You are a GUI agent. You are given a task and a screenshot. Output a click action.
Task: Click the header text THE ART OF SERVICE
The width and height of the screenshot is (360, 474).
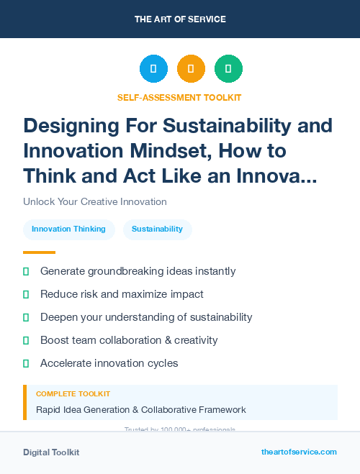180,19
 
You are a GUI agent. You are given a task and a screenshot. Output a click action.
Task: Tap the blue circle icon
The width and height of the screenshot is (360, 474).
153,69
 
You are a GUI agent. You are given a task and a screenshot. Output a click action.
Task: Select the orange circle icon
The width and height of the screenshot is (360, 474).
191,69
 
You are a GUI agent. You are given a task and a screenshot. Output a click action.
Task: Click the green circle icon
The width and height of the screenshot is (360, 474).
228,69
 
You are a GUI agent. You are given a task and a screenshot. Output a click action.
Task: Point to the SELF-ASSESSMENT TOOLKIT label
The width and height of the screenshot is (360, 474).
180,97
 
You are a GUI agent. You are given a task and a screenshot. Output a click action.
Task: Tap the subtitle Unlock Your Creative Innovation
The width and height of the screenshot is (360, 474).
95,202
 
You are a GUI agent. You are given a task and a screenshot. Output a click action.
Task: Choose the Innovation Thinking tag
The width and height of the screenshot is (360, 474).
68,229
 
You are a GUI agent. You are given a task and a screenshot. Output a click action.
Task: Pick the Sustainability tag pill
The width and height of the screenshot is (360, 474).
157,229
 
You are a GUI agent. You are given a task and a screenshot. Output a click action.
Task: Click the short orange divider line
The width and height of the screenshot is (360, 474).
39,252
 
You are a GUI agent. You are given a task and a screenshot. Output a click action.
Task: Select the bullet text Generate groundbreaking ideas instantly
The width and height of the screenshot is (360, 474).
138,271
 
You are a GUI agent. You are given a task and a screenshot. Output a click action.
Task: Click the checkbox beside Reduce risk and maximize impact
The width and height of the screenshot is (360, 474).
26,294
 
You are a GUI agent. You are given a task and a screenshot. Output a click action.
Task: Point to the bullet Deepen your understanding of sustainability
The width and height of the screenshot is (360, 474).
146,317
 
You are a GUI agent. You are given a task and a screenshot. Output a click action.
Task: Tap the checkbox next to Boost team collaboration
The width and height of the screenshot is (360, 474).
26,340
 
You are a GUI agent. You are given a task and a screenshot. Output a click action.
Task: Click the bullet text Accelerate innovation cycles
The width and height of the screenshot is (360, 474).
109,363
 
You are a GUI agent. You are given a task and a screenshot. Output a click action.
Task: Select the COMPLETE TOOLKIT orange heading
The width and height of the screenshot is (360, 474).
73,394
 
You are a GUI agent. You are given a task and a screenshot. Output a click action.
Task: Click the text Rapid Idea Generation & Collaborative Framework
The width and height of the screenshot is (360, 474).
141,410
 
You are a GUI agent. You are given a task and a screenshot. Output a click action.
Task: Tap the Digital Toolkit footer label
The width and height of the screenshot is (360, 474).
51,452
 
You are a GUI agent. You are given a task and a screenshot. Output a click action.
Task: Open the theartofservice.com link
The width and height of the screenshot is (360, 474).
299,452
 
